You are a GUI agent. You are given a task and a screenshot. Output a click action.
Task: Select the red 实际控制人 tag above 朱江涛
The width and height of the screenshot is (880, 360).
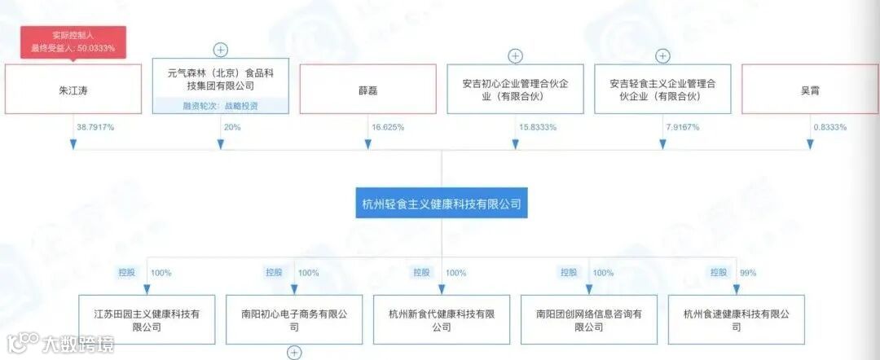click(x=73, y=42)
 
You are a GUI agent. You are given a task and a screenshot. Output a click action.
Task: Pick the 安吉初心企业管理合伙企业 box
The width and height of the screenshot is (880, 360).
click(x=516, y=90)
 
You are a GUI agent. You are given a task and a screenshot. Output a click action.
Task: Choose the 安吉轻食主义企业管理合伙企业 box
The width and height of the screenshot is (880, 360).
click(x=662, y=90)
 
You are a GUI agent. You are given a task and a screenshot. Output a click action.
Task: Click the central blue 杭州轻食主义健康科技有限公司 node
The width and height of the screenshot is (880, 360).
click(x=442, y=203)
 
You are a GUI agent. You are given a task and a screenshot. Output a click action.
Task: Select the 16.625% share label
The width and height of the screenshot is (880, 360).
click(x=388, y=128)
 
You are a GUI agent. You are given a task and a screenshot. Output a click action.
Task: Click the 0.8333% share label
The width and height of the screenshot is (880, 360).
click(x=829, y=128)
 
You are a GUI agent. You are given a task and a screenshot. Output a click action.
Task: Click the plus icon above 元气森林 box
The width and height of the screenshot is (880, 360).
click(x=221, y=50)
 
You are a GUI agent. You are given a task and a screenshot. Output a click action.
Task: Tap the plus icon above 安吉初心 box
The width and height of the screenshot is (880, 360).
click(x=516, y=56)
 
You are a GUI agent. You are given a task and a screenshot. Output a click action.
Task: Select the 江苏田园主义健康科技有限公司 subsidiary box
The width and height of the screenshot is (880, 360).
click(x=147, y=320)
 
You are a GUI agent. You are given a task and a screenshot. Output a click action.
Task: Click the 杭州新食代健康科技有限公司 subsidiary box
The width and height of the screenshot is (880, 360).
click(x=442, y=320)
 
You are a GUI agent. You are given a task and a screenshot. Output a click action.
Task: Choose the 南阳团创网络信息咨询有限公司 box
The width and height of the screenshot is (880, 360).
click(x=589, y=320)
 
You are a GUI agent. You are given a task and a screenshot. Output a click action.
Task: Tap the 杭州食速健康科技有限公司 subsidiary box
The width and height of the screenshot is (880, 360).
click(x=737, y=320)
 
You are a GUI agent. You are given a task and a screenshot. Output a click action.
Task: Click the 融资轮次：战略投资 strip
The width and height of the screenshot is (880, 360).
click(x=221, y=106)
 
